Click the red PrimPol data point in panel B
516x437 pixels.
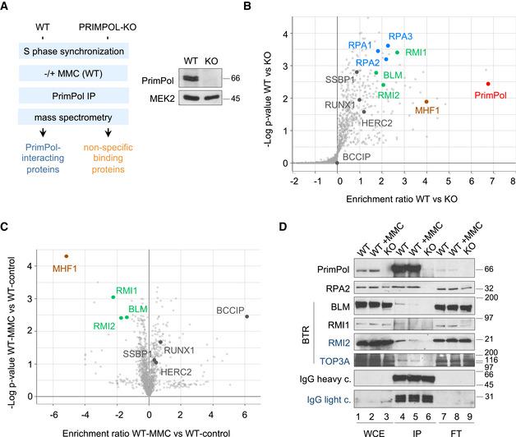(x=487, y=84)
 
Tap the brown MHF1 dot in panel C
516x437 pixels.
(x=67, y=256)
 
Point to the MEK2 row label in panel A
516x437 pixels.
(x=156, y=103)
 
